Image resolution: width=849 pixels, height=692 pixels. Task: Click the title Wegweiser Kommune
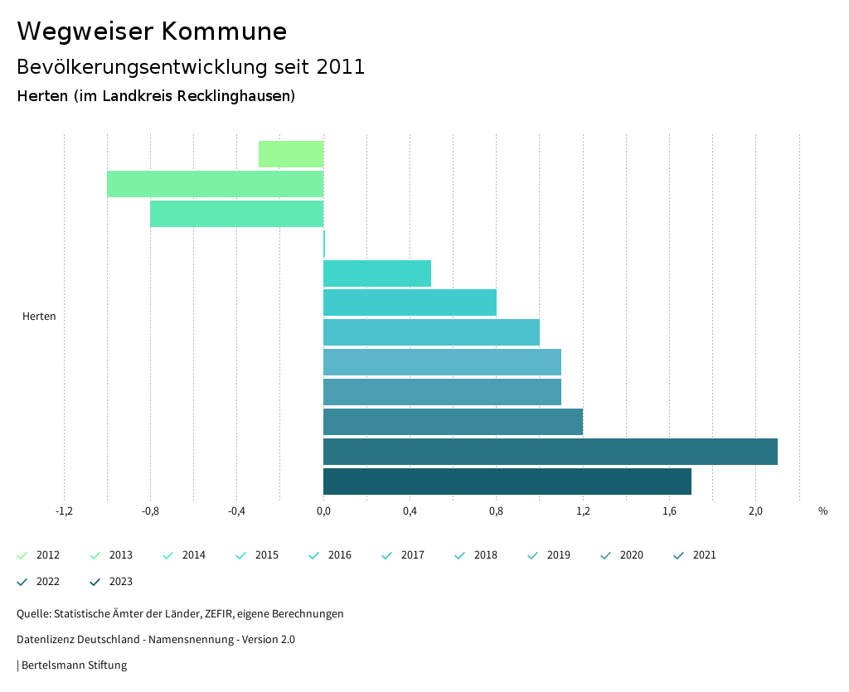pos(152,31)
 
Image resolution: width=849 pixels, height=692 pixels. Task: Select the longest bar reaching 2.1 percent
pos(550,452)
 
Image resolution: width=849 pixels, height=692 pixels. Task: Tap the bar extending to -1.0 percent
pos(215,184)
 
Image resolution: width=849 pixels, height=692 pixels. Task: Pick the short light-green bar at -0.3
pos(290,154)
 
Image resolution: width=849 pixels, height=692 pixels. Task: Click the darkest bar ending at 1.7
pos(507,481)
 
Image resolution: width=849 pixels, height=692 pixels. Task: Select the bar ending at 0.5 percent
pos(376,273)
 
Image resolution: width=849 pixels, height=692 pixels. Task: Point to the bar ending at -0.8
pos(236,214)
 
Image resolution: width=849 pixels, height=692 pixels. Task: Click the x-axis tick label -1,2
pos(64,511)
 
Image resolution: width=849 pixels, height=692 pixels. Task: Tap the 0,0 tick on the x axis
pos(323,511)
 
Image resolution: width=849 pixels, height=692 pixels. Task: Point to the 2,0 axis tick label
pos(755,511)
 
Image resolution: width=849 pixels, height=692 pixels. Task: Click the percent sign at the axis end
pos(822,511)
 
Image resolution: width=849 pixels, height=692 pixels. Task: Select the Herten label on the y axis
pos(39,317)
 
